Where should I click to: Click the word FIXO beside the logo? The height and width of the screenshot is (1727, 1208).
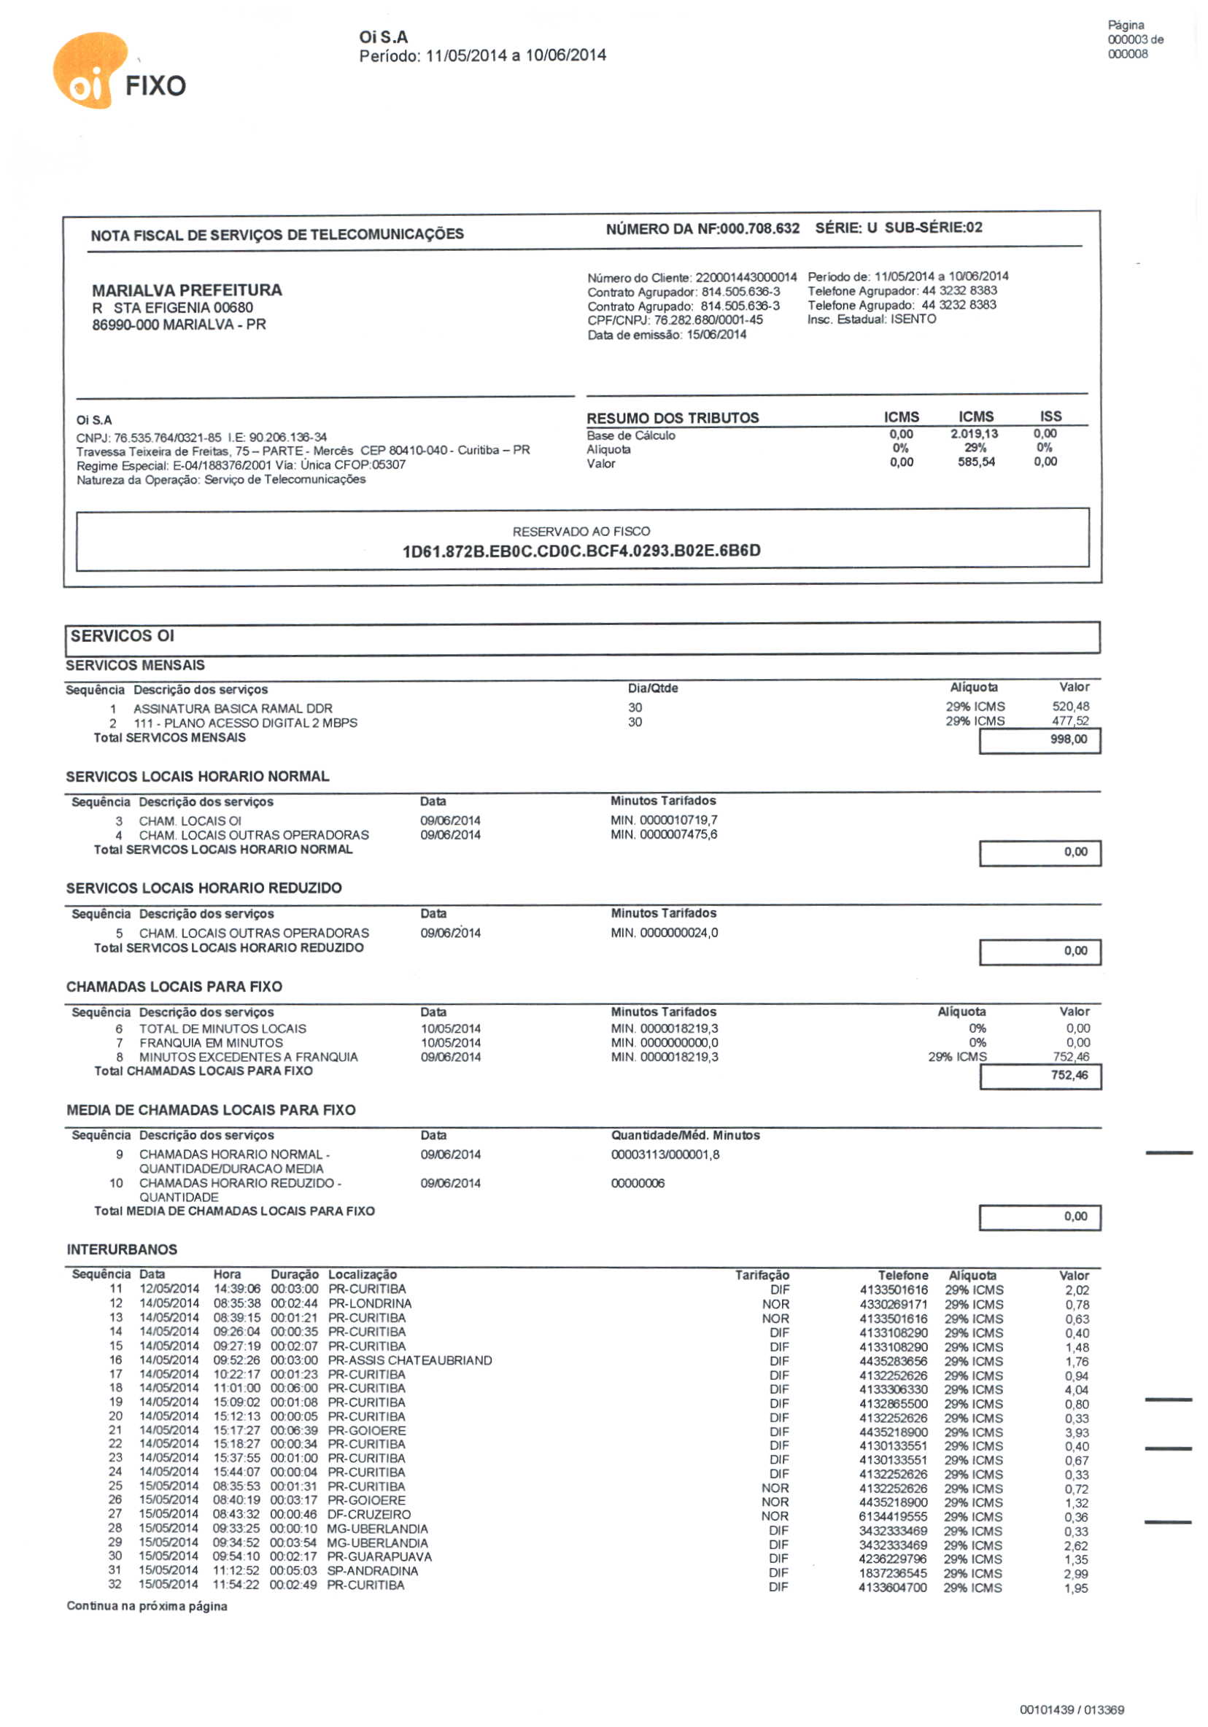click(155, 86)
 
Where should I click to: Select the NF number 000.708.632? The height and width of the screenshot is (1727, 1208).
click(759, 228)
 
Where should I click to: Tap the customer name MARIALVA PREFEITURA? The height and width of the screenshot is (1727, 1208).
click(187, 290)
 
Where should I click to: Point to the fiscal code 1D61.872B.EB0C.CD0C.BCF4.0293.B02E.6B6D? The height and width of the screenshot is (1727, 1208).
click(581, 551)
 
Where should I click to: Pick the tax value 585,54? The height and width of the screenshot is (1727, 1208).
click(975, 462)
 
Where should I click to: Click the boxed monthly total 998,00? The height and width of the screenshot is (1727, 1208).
click(1068, 740)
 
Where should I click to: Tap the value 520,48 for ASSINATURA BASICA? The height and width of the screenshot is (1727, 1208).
click(1069, 706)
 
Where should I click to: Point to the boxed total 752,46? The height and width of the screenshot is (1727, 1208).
click(1069, 1076)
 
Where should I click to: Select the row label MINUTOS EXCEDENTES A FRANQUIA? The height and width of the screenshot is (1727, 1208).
click(248, 1057)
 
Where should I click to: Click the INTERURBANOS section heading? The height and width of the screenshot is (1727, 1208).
click(122, 1249)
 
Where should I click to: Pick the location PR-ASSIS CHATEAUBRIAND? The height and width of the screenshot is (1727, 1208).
click(409, 1360)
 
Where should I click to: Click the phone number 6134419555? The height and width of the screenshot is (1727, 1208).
click(893, 1517)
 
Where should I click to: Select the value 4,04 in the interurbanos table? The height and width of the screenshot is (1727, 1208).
click(1077, 1390)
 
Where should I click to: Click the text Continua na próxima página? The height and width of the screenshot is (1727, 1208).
click(147, 1606)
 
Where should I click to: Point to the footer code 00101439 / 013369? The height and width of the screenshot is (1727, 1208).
click(1071, 1709)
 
